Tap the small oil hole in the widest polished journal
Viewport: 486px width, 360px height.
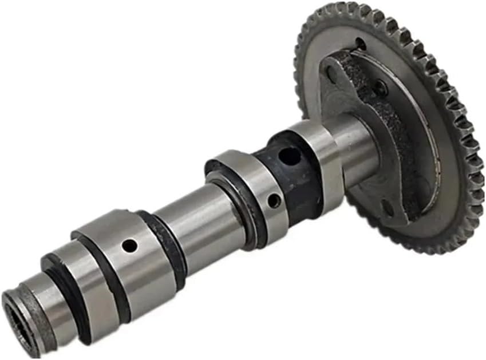tap(130, 246)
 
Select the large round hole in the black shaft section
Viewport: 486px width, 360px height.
tap(290, 156)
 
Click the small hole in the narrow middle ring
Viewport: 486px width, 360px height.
tap(275, 201)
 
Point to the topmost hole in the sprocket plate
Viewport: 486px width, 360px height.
tap(361, 44)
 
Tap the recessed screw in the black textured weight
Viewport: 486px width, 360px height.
tap(380, 88)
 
